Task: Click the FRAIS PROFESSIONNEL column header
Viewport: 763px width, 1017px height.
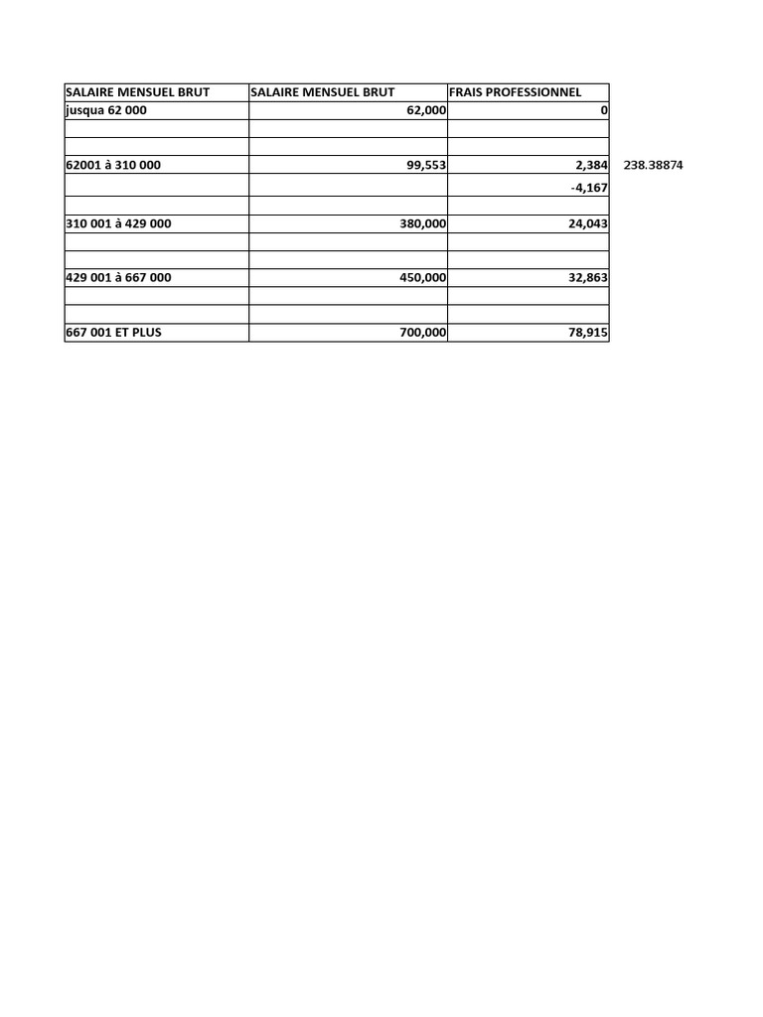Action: click(515, 92)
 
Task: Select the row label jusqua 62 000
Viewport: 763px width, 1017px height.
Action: click(105, 110)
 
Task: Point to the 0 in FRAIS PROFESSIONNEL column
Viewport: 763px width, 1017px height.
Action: click(604, 110)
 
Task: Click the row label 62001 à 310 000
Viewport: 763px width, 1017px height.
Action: click(118, 165)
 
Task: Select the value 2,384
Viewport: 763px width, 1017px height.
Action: click(591, 165)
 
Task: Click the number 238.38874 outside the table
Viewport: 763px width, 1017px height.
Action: click(653, 165)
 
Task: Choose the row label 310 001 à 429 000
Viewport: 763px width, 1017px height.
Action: click(118, 223)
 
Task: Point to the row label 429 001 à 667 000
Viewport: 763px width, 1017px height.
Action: click(118, 278)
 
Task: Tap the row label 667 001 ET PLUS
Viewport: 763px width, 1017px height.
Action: click(113, 333)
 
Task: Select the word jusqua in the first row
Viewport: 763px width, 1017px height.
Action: click(84, 110)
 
